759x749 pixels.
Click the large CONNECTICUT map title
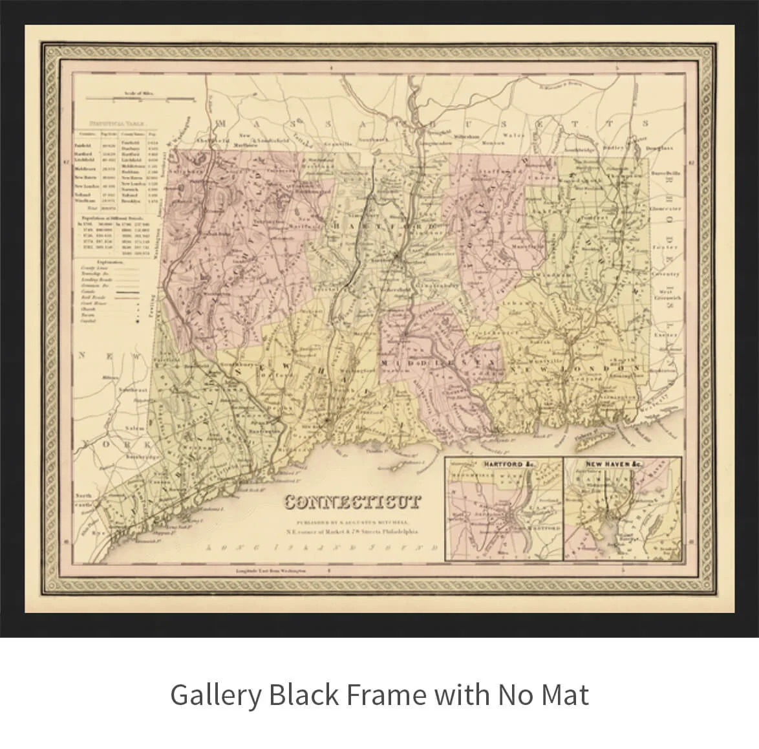coord(353,502)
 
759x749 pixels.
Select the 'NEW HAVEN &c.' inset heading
coord(614,464)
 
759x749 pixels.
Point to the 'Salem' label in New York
coord(134,428)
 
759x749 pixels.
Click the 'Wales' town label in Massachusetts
coord(513,136)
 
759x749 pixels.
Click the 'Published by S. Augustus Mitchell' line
coord(353,521)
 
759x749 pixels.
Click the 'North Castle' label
coord(85,500)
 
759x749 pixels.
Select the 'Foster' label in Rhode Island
coord(665,247)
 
